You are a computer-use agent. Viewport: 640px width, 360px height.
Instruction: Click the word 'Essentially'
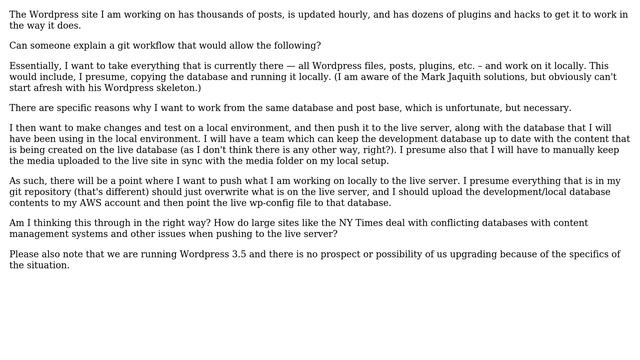(36, 66)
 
